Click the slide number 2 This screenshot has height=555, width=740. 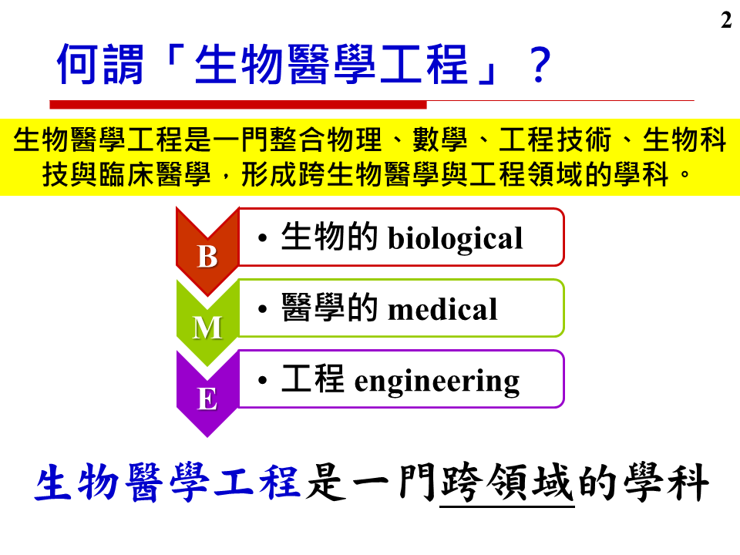726,20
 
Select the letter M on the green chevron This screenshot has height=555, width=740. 207,327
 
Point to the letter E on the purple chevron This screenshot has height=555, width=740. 207,399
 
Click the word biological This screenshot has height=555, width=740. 455,239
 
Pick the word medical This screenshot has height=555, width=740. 442,310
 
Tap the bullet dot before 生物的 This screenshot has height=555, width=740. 263,237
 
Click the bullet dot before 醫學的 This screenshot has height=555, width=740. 263,309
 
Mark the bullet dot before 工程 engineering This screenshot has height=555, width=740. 263,380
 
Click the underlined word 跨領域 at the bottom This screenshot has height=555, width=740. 507,483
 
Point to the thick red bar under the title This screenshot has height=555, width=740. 238,104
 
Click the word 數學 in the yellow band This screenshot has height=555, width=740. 440,140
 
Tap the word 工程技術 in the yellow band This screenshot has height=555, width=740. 555,140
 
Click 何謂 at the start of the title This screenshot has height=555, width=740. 100,65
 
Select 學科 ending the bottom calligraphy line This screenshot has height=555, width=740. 666,483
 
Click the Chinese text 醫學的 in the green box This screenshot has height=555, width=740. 329,308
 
